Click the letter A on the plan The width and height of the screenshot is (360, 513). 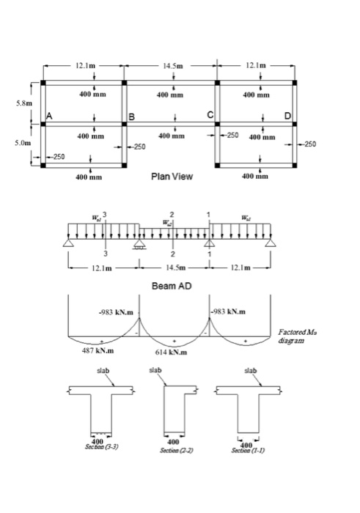coord(50,117)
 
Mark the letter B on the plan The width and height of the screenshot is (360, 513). coord(132,117)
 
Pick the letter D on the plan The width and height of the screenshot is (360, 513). coord(287,117)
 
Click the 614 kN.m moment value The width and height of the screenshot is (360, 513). coord(173,353)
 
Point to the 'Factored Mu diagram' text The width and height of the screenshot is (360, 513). coord(298,336)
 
